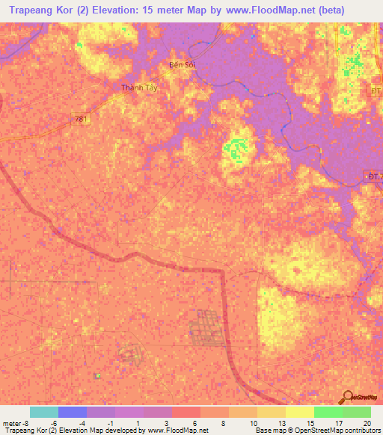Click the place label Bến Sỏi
[x=181, y=65]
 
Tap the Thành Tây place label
[x=140, y=87]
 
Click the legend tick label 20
[x=367, y=423]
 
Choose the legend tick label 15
[x=313, y=423]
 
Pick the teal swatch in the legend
[x=44, y=412]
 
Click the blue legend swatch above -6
[x=73, y=412]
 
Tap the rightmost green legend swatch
[x=357, y=412]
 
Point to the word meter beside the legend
[x=12, y=423]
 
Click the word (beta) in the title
[x=330, y=10]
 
